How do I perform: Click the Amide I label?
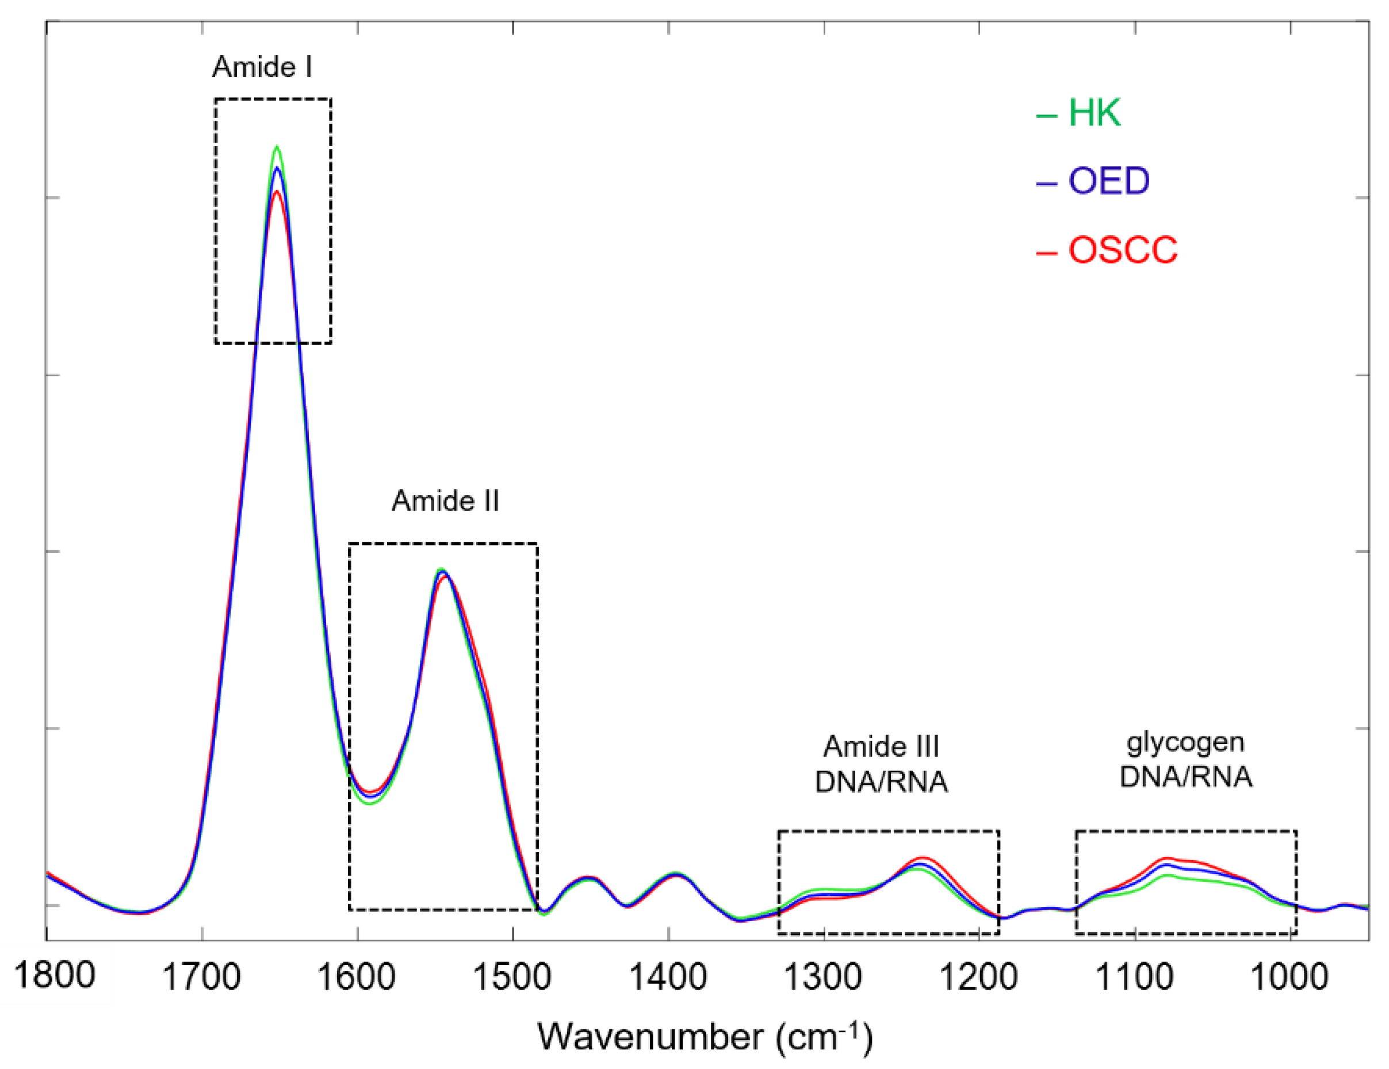[x=262, y=67]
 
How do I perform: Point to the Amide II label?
[x=445, y=501]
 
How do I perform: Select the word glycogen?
[x=1185, y=742]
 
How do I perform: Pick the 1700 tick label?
[x=202, y=978]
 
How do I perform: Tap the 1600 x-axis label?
[x=357, y=978]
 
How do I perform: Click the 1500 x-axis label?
[x=512, y=978]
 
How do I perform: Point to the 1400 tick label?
[x=668, y=978]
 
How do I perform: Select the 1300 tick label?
[x=824, y=978]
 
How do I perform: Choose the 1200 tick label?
[x=979, y=978]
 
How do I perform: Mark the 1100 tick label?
[x=1135, y=978]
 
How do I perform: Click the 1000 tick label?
[x=1289, y=978]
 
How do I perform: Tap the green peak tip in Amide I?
[x=277, y=146]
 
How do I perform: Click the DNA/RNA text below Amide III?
[x=882, y=782]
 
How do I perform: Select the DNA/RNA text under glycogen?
[x=1185, y=777]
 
